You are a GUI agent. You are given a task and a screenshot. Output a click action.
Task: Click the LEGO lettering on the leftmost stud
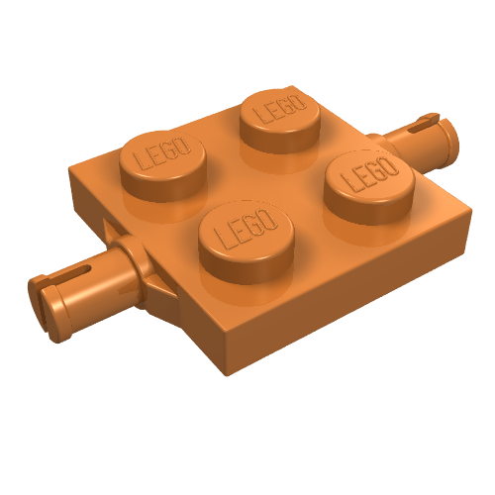coord(160,156)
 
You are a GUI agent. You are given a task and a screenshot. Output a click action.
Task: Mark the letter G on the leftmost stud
coord(169,152)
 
